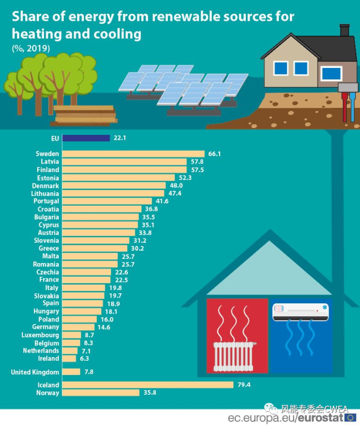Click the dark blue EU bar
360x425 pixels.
point(86,138)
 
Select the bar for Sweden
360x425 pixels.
point(133,154)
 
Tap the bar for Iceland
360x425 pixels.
point(148,385)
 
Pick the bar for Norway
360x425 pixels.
point(101,393)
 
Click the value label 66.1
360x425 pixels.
point(215,154)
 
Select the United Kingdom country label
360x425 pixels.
point(35,372)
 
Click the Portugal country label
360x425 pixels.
point(46,201)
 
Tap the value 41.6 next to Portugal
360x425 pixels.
point(162,201)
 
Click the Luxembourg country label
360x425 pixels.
point(40,335)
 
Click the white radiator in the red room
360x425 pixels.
point(234,355)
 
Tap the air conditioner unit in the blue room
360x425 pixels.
point(300,312)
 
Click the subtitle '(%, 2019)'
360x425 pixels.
point(31,48)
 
